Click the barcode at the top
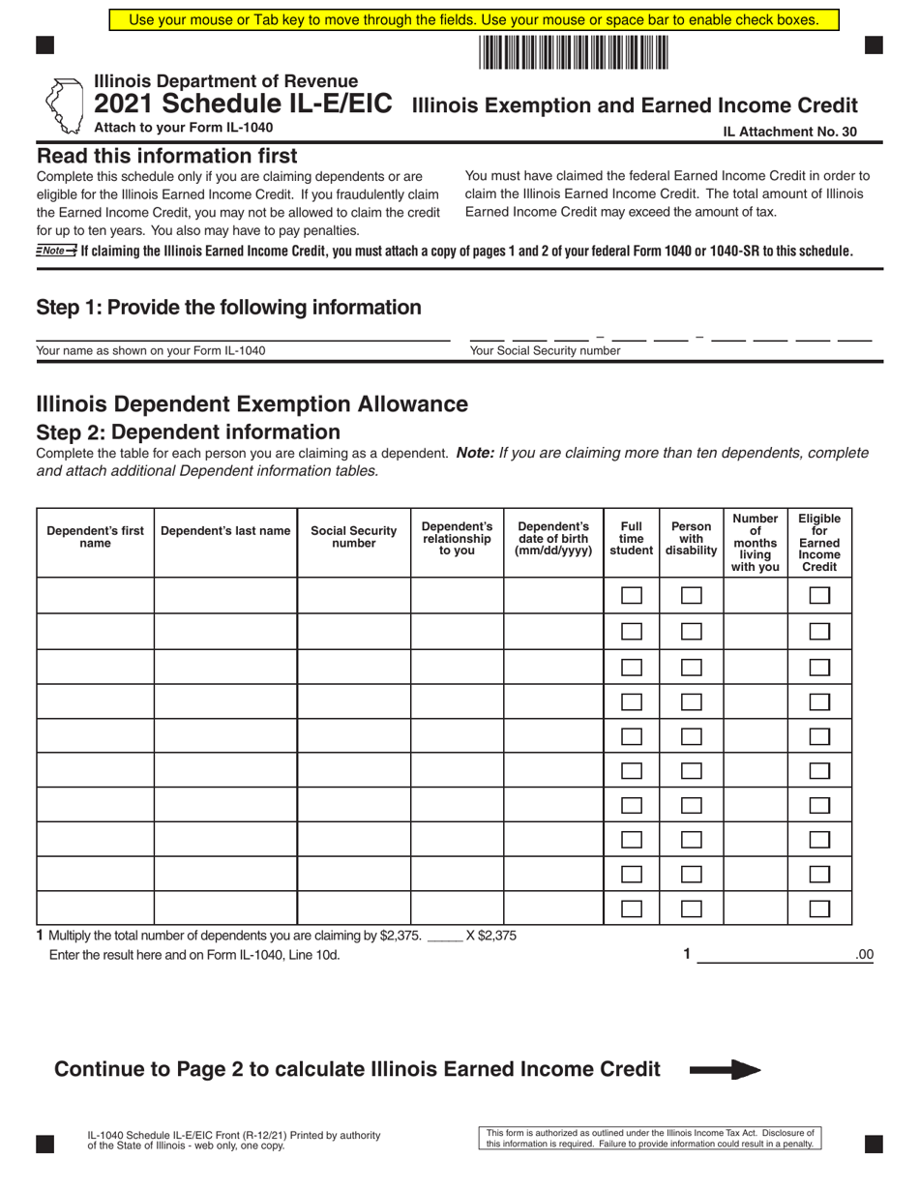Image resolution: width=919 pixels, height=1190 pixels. [x=574, y=52]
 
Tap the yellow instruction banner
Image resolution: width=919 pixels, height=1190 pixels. [x=473, y=19]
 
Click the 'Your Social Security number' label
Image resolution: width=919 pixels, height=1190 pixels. [x=545, y=351]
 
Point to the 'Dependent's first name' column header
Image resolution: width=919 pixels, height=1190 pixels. [x=95, y=537]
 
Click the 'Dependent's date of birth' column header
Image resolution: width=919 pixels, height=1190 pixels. [x=553, y=538]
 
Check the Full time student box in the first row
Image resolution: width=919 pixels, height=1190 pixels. [x=631, y=596]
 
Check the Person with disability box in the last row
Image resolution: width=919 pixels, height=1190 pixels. [x=691, y=908]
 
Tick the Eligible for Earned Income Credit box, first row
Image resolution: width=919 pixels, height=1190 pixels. [x=819, y=596]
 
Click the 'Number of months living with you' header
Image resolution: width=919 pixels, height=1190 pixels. [x=755, y=543]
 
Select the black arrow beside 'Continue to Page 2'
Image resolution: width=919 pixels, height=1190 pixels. [x=725, y=1070]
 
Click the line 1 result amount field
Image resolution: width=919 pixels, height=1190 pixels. [x=774, y=955]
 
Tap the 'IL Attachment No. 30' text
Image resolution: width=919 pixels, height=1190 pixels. [x=789, y=133]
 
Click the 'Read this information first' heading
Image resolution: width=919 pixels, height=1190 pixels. [x=167, y=156]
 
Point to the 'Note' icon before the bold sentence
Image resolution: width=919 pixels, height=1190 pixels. [x=56, y=251]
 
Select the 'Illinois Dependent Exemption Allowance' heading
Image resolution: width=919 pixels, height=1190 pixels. [x=252, y=403]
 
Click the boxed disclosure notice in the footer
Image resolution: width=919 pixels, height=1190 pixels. [x=650, y=1138]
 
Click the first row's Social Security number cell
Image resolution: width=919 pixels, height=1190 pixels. [x=353, y=596]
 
